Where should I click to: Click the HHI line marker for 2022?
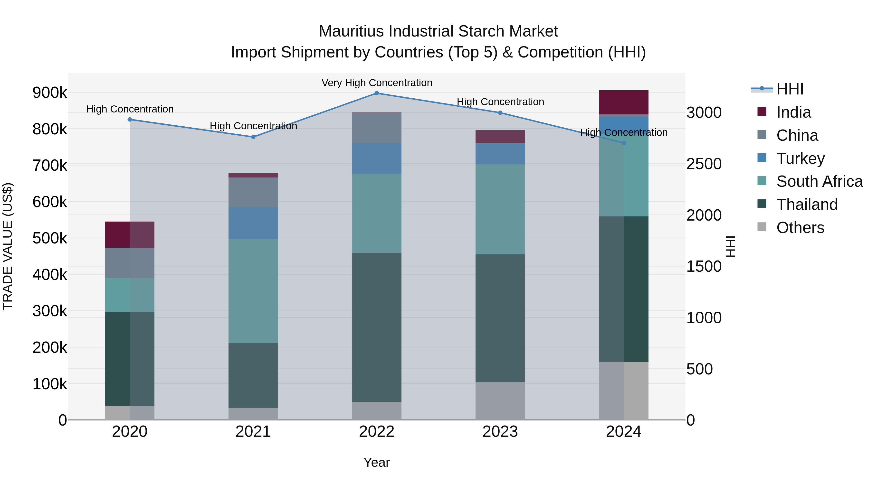pyautogui.click(x=377, y=93)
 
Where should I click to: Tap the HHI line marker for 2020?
pyautogui.click(x=130, y=120)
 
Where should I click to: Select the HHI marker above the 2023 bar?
pyautogui.click(x=500, y=113)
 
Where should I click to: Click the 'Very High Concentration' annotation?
pyautogui.click(x=377, y=83)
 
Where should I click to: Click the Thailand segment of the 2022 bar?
pyautogui.click(x=377, y=327)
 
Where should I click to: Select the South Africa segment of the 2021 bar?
pyautogui.click(x=253, y=291)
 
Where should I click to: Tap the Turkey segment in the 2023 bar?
pyautogui.click(x=500, y=153)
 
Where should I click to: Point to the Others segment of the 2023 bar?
pyautogui.click(x=500, y=400)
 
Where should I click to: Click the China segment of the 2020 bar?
pyautogui.click(x=130, y=263)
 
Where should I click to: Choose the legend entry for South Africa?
pyautogui.click(x=819, y=181)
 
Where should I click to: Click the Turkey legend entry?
pyautogui.click(x=800, y=158)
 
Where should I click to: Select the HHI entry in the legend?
pyautogui.click(x=790, y=89)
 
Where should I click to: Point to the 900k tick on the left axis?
pyautogui.click(x=50, y=93)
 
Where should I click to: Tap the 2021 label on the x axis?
pyautogui.click(x=253, y=432)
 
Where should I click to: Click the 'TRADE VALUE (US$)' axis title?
pyautogui.click(x=8, y=246)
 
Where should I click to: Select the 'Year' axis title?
pyautogui.click(x=377, y=462)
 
